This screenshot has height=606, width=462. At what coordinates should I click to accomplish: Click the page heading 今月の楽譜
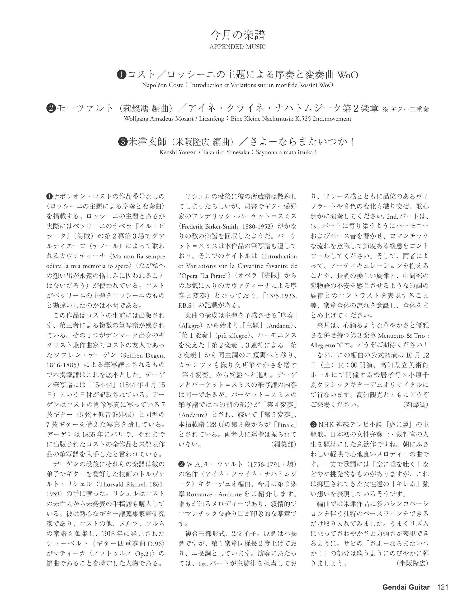[238, 35]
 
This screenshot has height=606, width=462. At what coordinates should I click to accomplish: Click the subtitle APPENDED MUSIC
[238, 47]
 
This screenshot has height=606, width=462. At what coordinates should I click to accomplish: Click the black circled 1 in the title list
[122, 75]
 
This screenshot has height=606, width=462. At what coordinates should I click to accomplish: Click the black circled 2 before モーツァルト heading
[51, 108]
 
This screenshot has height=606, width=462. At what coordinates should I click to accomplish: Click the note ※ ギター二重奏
[405, 109]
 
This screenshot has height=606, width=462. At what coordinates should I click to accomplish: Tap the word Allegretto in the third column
[323, 345]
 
